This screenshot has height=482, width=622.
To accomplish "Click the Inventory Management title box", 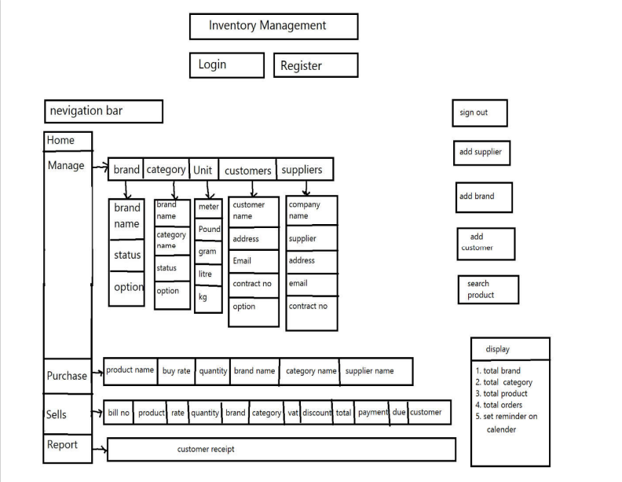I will pyautogui.click(x=273, y=26).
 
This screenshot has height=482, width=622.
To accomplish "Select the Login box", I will pyautogui.click(x=226, y=64).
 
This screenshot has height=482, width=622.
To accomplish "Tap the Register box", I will pyautogui.click(x=315, y=65).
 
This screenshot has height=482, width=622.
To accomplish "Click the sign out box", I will pyautogui.click(x=479, y=113).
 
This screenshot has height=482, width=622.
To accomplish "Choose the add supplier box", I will pyautogui.click(x=481, y=153).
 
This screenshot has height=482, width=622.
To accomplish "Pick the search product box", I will pyautogui.click(x=488, y=289).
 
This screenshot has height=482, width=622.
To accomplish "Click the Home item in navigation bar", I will pyautogui.click(x=67, y=141).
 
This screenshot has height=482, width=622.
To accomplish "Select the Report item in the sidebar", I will pyautogui.click(x=67, y=445).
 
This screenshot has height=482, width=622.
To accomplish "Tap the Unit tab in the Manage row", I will pyautogui.click(x=203, y=170).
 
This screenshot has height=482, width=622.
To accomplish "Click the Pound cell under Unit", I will pyautogui.click(x=209, y=230).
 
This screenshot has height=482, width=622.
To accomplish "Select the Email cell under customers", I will pyautogui.click(x=253, y=261).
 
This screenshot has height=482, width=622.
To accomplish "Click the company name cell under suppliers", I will pyautogui.click(x=311, y=210).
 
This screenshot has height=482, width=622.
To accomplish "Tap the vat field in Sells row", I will pyautogui.click(x=293, y=413).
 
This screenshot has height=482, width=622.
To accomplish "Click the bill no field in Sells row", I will pyautogui.click(x=119, y=413).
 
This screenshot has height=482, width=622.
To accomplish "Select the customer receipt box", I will pyautogui.click(x=280, y=450).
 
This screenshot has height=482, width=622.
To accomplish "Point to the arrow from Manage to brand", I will pyautogui.click(x=99, y=167).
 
